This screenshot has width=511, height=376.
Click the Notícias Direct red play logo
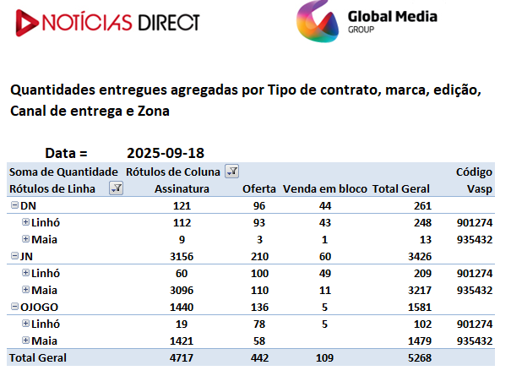click(x=27, y=23)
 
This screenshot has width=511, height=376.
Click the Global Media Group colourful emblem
click(x=318, y=21)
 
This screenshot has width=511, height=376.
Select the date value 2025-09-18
click(x=166, y=153)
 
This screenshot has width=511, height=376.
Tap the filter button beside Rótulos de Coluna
click(x=231, y=172)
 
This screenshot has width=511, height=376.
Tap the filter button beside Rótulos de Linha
click(x=116, y=188)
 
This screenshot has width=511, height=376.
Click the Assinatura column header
click(x=182, y=189)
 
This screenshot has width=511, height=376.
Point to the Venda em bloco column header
click(x=325, y=189)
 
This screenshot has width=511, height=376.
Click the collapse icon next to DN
click(x=14, y=205)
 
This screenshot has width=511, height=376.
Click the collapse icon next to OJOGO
click(x=14, y=307)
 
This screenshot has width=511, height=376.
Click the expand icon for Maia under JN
click(x=25, y=289)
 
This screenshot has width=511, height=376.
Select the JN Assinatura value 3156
click(x=182, y=257)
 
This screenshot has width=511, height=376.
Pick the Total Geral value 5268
click(x=420, y=358)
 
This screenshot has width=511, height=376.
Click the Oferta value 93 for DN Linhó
click(x=259, y=223)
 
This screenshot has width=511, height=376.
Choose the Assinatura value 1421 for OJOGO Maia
click(x=182, y=341)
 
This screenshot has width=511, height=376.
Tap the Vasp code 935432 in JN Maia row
click(x=475, y=290)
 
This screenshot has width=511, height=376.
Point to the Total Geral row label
click(x=38, y=358)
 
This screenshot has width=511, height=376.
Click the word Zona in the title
click(x=154, y=112)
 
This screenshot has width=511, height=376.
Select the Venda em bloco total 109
click(x=324, y=358)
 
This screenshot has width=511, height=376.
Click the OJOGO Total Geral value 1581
click(x=420, y=308)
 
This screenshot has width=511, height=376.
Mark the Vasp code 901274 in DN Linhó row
click(x=475, y=223)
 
